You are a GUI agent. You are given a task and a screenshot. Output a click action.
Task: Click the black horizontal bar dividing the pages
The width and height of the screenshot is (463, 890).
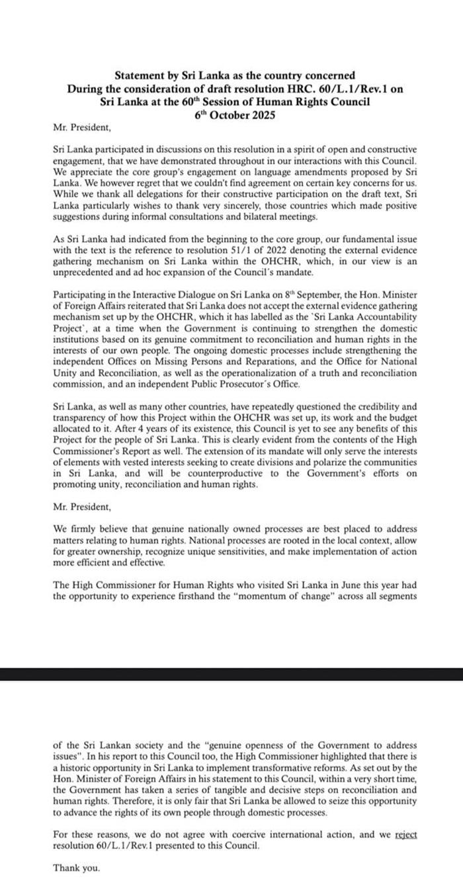coord(232,674)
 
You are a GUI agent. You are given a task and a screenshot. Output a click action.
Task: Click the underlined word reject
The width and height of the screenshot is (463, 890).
coord(405,834)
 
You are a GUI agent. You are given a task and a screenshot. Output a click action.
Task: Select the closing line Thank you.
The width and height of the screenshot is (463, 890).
coord(77,868)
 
